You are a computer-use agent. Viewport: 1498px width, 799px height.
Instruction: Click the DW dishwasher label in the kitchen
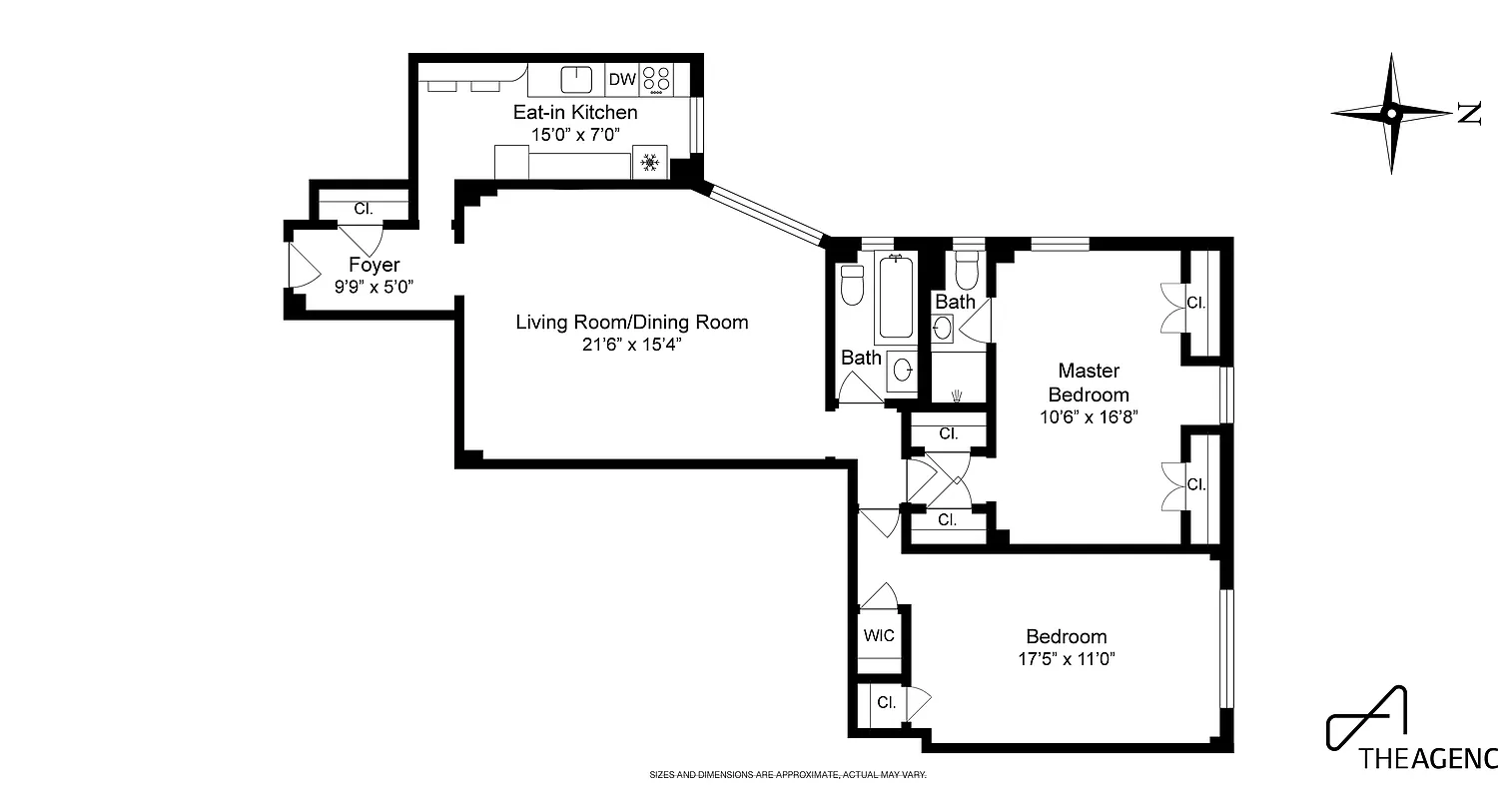coord(622,79)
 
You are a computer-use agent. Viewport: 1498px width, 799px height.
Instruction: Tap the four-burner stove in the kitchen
coord(656,79)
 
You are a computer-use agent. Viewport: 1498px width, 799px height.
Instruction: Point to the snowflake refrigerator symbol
coord(649,163)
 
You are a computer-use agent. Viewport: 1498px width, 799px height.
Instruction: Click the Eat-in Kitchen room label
coord(575,113)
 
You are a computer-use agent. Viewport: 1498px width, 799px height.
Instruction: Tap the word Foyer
coord(374,265)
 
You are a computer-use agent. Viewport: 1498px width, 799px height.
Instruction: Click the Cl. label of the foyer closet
coord(364,209)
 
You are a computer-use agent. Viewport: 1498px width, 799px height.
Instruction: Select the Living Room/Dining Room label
coord(631,323)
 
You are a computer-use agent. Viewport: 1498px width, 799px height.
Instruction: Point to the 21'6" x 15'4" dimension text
coord(631,345)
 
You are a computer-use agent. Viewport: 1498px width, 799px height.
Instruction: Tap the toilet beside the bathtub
coord(851,285)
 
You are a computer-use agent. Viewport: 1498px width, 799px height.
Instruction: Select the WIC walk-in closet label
coord(879,635)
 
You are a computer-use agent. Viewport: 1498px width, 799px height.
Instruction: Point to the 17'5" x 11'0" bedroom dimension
coord(1067,658)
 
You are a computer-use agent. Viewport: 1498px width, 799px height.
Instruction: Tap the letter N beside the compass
coord(1468,114)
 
